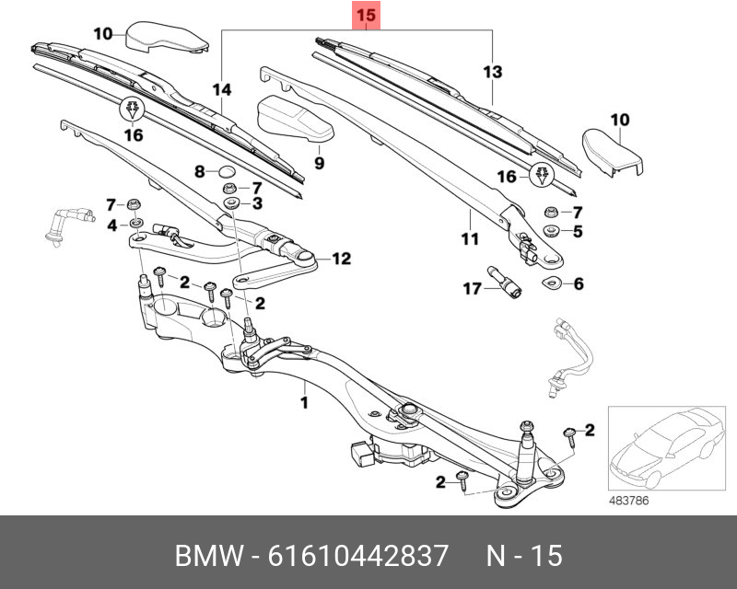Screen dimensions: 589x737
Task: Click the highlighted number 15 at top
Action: tap(366, 16)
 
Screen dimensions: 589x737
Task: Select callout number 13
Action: tap(493, 72)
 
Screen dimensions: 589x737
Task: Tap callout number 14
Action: tap(221, 89)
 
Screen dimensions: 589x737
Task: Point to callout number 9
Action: tap(320, 164)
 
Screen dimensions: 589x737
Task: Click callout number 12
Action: tap(342, 260)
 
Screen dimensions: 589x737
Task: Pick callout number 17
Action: tap(472, 289)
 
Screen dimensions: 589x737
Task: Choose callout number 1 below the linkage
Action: tap(303, 402)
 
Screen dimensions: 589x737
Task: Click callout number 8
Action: tap(199, 171)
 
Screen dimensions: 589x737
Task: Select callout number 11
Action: tap(470, 239)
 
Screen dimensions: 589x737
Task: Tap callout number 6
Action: tap(579, 284)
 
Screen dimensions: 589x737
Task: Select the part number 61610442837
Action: tap(357, 556)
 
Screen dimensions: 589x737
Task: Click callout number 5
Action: tap(578, 232)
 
